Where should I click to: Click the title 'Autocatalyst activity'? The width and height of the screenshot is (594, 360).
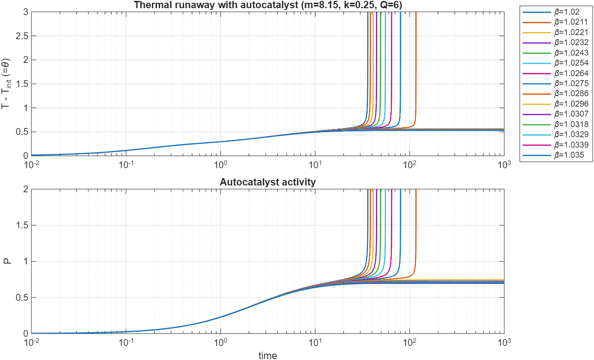point(267,182)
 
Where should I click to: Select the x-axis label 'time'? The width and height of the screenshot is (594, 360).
point(267,355)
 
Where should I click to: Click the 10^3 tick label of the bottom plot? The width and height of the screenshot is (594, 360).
point(504,342)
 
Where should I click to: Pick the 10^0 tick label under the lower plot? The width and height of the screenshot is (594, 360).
point(220,342)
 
